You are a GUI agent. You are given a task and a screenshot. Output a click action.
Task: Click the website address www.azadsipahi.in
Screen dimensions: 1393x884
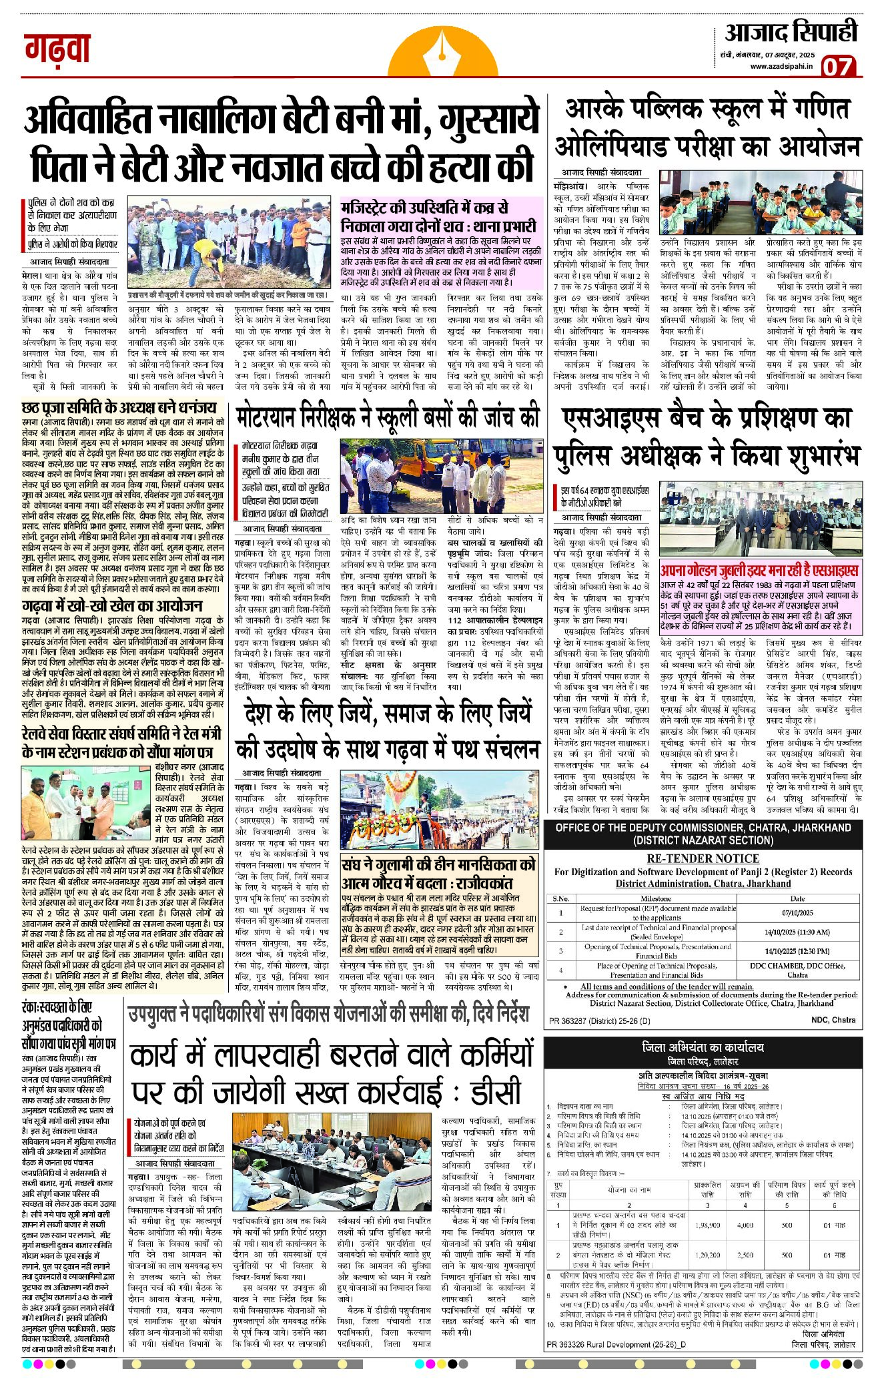(781, 66)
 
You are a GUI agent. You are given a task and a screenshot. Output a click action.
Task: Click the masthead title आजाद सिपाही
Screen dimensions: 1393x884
(791, 32)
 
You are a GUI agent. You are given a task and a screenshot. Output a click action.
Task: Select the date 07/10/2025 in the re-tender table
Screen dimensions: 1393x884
(797, 912)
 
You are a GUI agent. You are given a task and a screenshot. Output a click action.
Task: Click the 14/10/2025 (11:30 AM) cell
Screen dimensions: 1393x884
(797, 932)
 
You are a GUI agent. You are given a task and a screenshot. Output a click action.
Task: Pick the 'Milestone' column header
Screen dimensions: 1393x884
(655, 898)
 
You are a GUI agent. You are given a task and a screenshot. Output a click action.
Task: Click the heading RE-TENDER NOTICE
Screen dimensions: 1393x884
(703, 858)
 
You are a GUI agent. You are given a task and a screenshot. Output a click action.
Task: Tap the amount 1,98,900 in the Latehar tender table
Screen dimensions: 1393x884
(707, 1225)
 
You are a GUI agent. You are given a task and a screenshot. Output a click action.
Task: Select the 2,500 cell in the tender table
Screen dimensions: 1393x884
(745, 1255)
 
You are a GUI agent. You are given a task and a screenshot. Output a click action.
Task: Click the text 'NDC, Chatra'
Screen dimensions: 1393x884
(833, 1020)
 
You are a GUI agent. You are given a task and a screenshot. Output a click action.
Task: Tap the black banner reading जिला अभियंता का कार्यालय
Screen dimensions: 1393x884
(703, 1048)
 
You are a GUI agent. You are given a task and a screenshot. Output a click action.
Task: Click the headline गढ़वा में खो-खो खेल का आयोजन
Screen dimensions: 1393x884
(112, 606)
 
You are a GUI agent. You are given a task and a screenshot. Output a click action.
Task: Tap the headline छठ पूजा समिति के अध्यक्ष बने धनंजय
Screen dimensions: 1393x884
(119, 406)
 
